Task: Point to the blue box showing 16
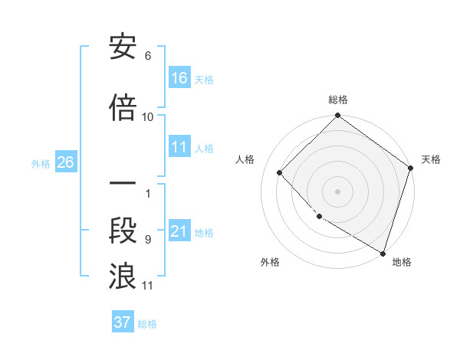(180, 78)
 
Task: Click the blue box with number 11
(180, 148)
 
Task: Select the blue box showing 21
(180, 232)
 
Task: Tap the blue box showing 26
(65, 162)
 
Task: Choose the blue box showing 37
(123, 322)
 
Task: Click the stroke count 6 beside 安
(148, 56)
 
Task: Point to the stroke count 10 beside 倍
(148, 117)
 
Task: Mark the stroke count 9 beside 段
(148, 240)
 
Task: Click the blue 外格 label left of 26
(41, 163)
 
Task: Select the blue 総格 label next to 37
(147, 323)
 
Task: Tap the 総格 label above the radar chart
(338, 100)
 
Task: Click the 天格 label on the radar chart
(431, 159)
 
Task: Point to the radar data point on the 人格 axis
(280, 172)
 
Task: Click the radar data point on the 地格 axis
(383, 252)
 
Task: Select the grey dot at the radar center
(338, 191)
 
